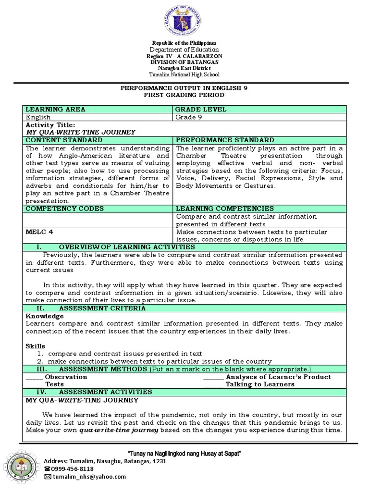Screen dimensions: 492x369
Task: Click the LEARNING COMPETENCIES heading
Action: [x=224, y=209]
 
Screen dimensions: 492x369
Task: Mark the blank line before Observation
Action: [x=34, y=377]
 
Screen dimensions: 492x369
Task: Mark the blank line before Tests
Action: [x=34, y=384]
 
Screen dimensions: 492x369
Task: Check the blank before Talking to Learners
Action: [x=213, y=384]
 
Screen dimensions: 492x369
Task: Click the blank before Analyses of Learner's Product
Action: [x=213, y=377]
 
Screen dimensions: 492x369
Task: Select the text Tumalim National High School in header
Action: [x=184, y=74]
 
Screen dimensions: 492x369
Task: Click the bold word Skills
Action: [x=35, y=346]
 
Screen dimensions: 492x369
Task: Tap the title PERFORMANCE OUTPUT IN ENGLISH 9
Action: [x=184, y=88]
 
